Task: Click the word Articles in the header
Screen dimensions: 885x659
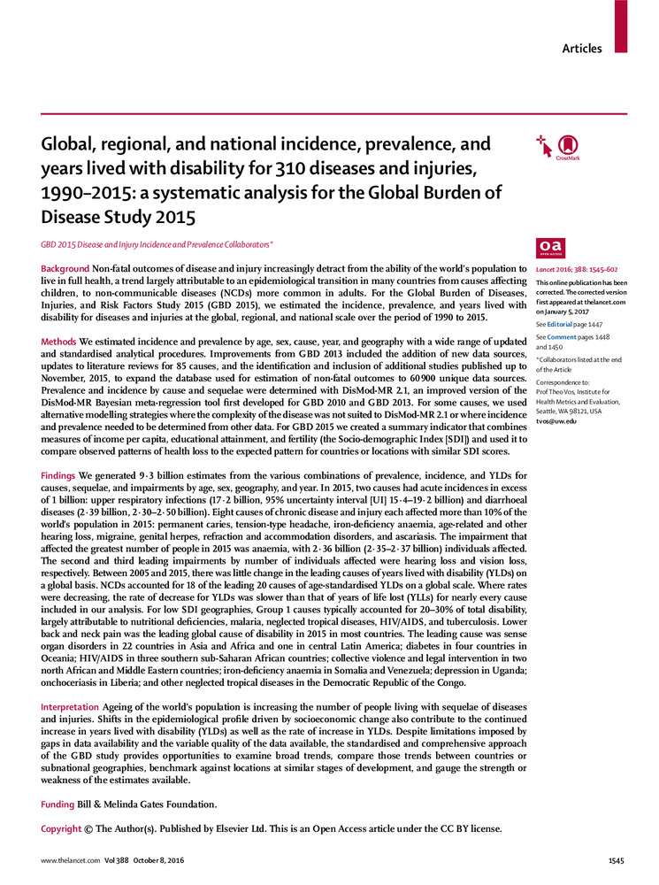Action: click(582, 49)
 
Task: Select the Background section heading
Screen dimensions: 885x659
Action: click(65, 268)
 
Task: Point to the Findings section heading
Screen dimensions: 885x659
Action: click(63, 476)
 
